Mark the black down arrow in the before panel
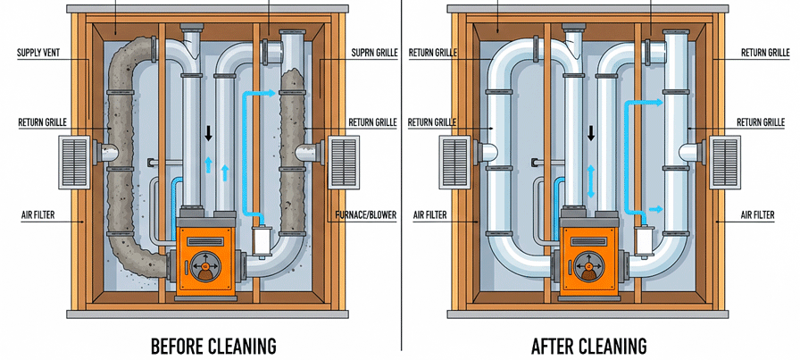pos(208,134)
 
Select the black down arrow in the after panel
pos(591,134)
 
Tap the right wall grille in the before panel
pos(342,162)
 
